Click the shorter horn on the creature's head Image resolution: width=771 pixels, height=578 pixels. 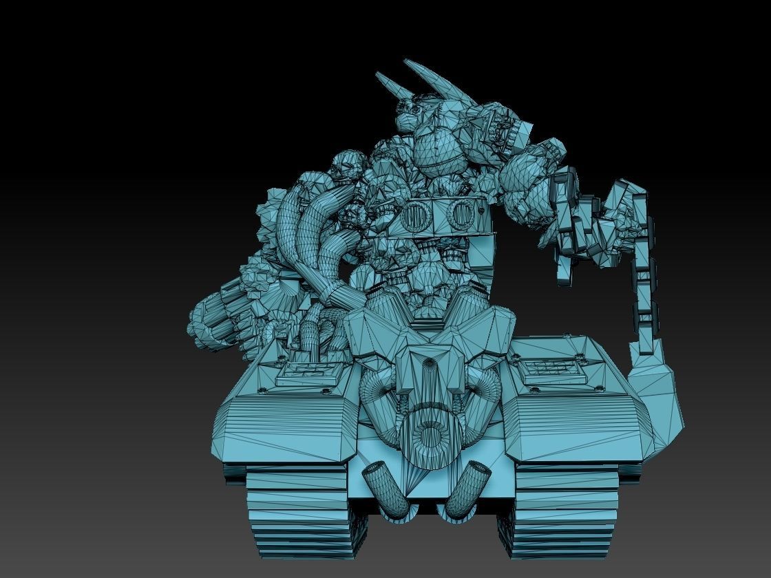[x=388, y=86]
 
